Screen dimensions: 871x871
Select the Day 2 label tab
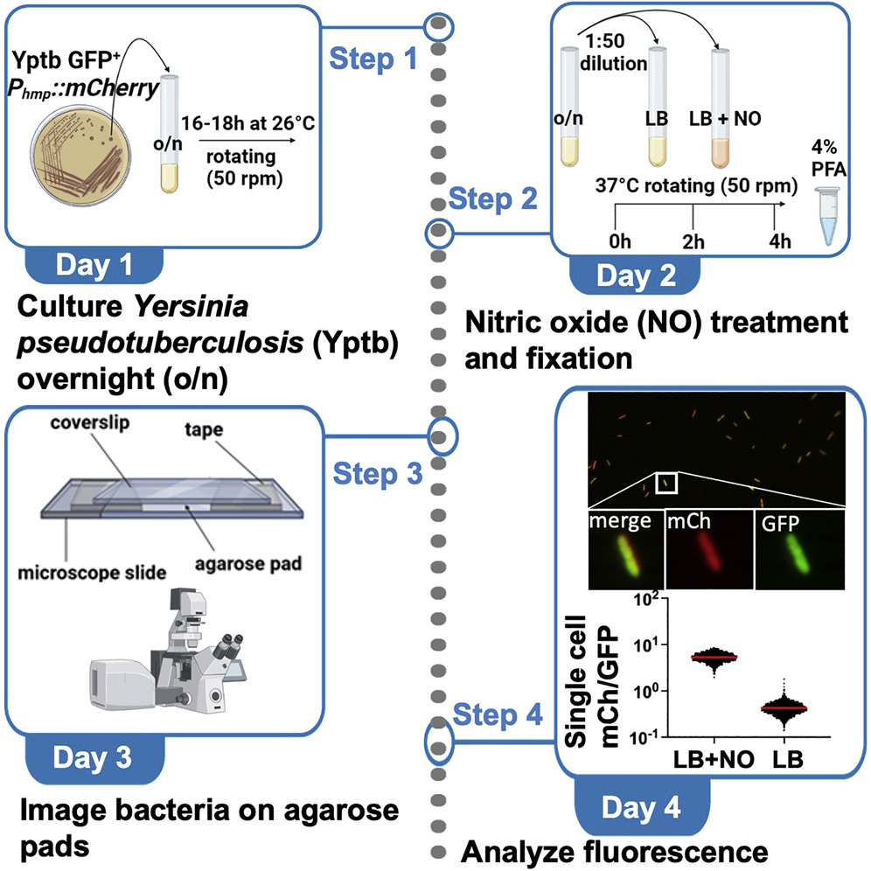pyautogui.click(x=636, y=275)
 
